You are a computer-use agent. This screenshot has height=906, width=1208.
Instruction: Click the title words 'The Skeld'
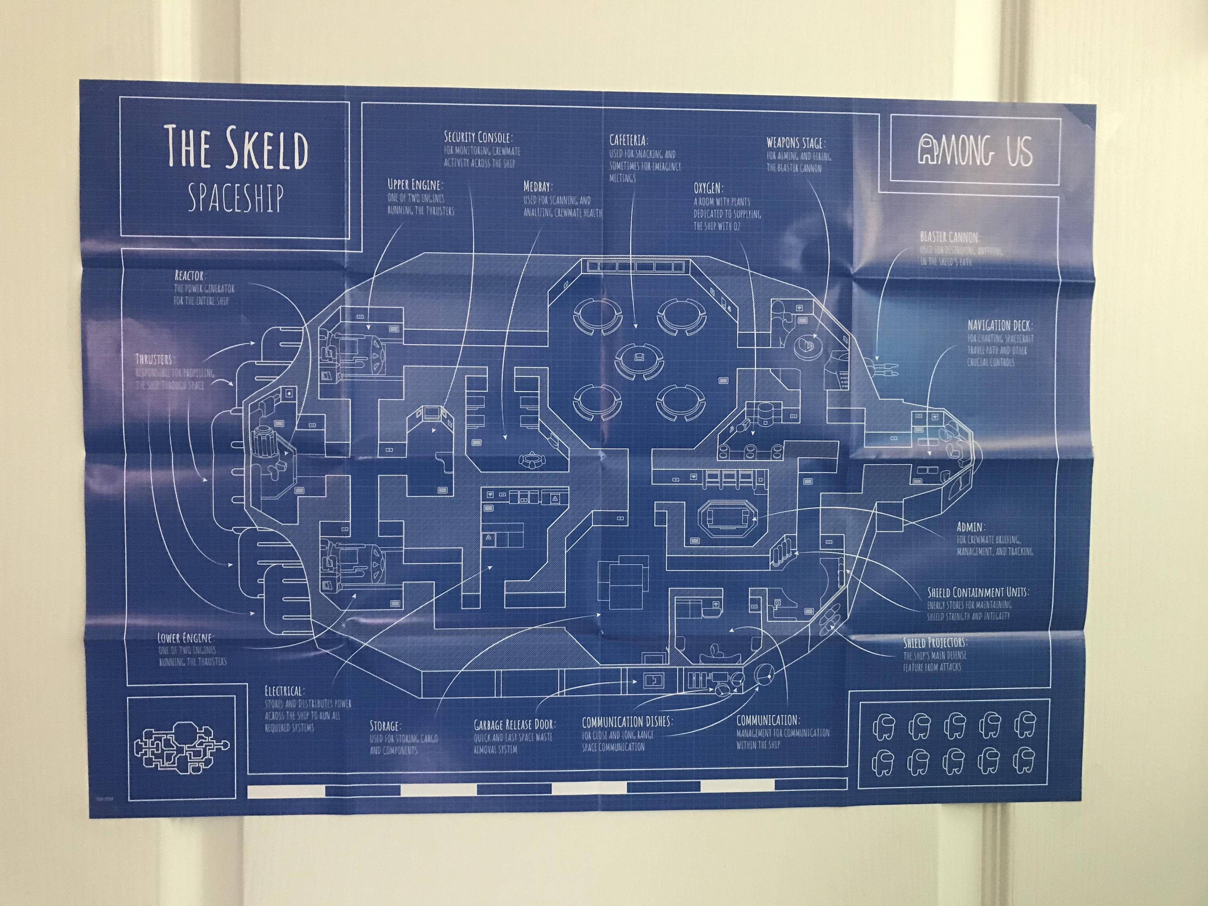point(237,147)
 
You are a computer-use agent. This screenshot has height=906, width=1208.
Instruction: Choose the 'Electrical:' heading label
point(284,691)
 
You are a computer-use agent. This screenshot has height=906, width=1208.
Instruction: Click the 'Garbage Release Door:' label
point(514,725)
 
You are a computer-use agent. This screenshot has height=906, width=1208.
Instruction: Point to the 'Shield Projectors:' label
point(934,643)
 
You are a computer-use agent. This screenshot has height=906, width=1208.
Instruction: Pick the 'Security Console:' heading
point(478,137)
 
